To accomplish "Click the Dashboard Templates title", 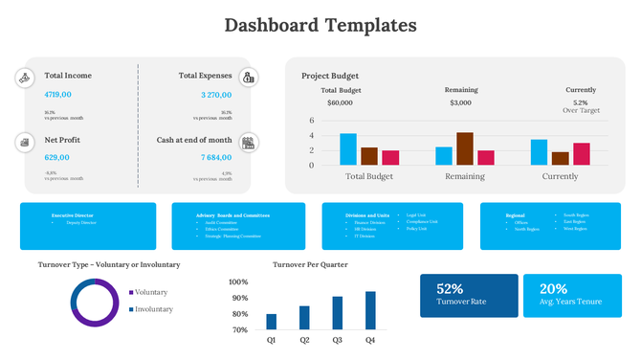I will [320, 25].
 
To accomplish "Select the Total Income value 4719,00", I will [58, 95].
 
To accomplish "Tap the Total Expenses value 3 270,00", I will [216, 95].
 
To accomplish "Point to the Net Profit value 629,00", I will [57, 157].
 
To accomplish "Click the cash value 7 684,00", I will [216, 157].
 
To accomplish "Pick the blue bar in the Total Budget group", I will [348, 148].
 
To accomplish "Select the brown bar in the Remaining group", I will [465, 148].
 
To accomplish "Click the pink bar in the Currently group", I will [582, 153].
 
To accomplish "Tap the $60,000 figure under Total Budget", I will [341, 102].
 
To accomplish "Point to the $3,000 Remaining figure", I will [460, 102].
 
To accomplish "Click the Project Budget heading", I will [330, 76].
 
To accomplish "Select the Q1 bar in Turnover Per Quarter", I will [272, 322].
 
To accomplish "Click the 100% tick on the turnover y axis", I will [238, 282].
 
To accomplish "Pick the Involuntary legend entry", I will [153, 309].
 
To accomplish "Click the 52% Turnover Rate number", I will [450, 288].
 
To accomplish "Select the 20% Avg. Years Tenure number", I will [553, 288].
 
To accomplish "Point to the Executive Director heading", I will [73, 215].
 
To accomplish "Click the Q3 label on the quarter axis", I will [338, 340].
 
